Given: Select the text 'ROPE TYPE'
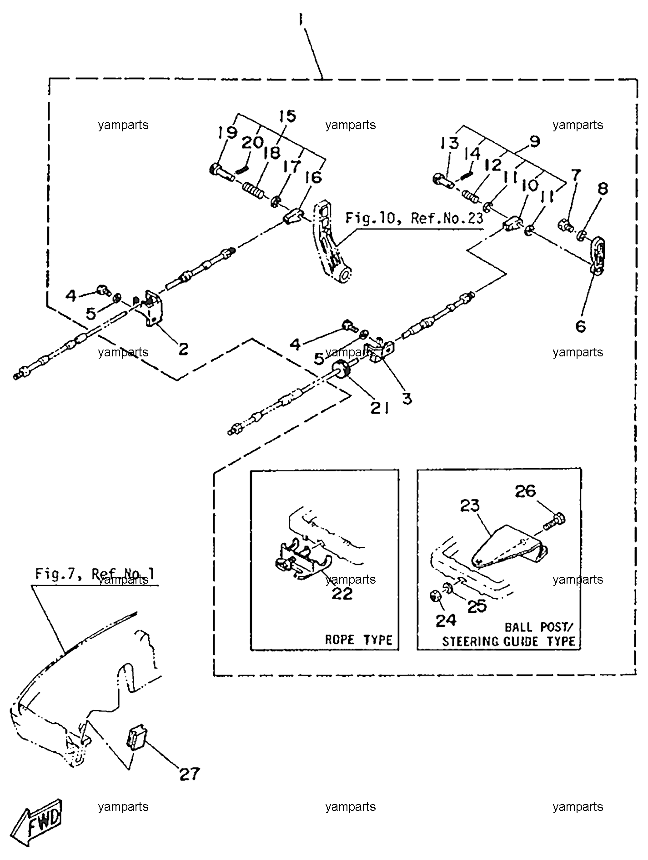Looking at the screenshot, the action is (358, 640).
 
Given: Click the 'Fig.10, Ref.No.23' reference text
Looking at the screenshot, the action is (414, 219).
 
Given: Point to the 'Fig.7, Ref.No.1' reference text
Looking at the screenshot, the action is (95, 575).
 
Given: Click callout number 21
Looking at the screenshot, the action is (379, 408).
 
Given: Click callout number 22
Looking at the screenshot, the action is (342, 593).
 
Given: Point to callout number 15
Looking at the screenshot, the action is (287, 117).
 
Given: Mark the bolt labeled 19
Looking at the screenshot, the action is (221, 173).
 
